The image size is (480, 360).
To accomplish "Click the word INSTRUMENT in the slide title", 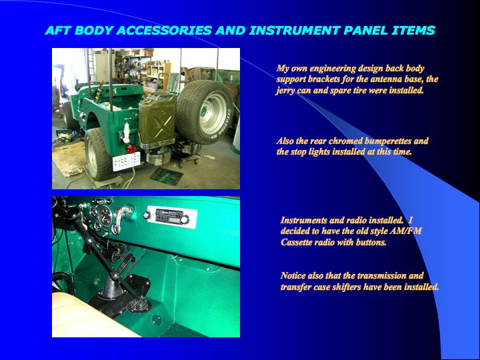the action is (295, 30).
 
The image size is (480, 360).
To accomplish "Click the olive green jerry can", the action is (157, 119).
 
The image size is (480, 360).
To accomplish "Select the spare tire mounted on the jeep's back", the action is (203, 112).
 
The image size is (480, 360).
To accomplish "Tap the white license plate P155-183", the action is (126, 161).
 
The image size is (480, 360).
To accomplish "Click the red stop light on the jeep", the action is (131, 149).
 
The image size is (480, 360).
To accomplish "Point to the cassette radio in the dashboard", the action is (169, 217).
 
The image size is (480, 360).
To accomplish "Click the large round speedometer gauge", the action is (105, 215).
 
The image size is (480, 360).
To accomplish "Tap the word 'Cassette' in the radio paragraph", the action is (297, 242).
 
